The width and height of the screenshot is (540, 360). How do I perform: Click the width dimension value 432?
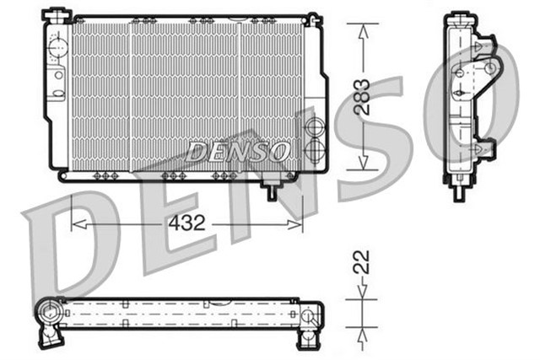[187, 223]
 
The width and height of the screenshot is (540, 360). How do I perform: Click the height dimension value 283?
[362, 98]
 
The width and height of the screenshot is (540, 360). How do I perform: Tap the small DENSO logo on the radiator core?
[239, 153]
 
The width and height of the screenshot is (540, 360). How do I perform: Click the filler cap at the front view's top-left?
[57, 14]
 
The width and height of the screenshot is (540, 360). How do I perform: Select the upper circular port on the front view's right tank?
[313, 129]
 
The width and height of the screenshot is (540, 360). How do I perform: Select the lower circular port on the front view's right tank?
[313, 152]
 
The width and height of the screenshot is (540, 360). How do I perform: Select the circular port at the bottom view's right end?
[313, 317]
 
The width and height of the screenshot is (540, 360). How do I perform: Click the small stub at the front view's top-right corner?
[313, 18]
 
